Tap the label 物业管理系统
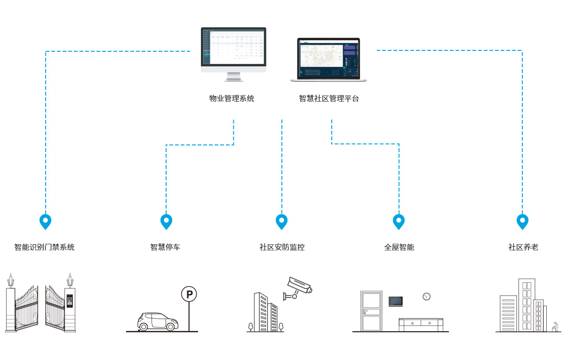(x=232, y=99)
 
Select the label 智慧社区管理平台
(x=328, y=99)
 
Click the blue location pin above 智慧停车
(x=166, y=221)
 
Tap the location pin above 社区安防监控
(x=281, y=221)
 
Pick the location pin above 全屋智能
(x=399, y=221)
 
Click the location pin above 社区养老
(x=522, y=221)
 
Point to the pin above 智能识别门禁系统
(x=45, y=221)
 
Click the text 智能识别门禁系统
(x=44, y=247)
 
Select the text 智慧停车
(x=165, y=247)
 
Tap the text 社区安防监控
(x=282, y=247)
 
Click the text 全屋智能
(x=399, y=247)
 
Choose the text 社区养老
(x=523, y=247)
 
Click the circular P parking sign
(x=189, y=295)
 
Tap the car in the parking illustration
(x=158, y=321)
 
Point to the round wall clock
(x=426, y=296)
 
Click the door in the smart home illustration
(x=370, y=311)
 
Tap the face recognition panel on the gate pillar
(x=70, y=301)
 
